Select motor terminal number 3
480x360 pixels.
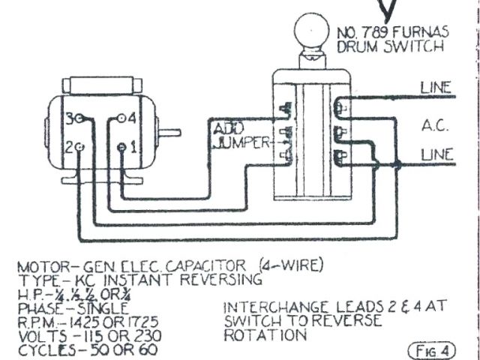79,118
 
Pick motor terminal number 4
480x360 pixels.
121,118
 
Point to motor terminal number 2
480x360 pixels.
79,148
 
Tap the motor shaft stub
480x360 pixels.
170,133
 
